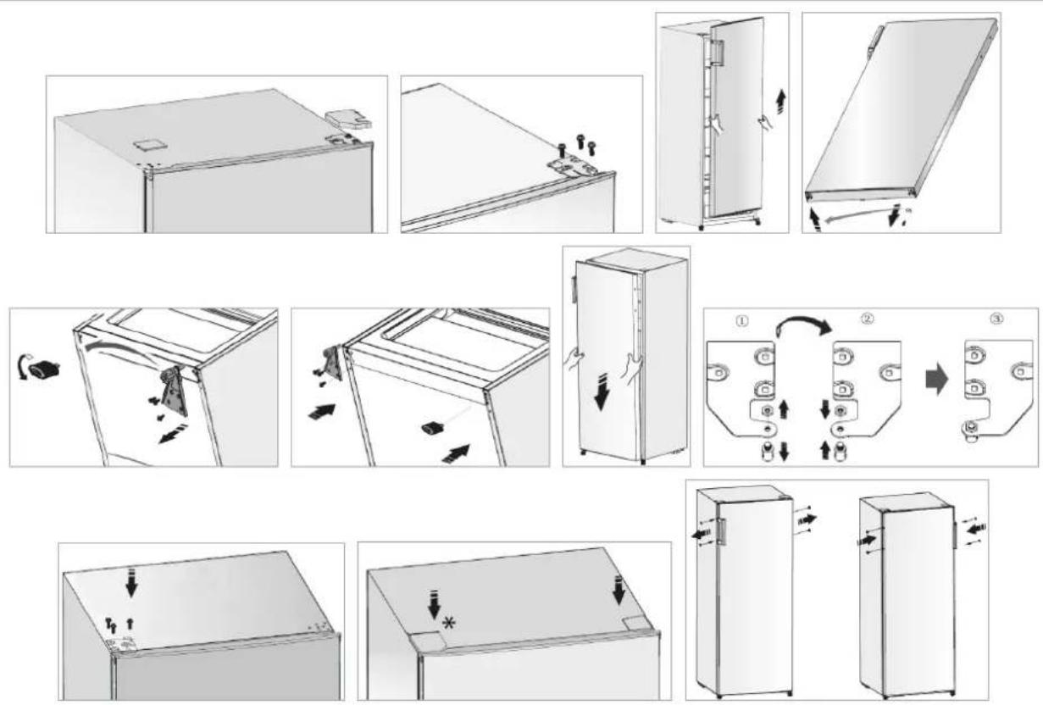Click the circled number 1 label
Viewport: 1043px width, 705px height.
[741, 321]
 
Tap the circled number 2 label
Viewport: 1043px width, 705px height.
[867, 319]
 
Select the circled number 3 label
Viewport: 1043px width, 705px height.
[996, 319]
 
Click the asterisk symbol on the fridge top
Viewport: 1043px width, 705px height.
[449, 623]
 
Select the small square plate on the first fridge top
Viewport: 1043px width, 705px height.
[150, 144]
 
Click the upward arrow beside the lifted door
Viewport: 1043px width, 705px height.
[782, 103]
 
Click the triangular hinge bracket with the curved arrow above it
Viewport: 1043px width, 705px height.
[174, 391]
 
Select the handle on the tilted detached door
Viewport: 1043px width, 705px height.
[874, 42]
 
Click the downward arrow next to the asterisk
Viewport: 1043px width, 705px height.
[435, 603]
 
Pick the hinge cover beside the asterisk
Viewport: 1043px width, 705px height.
[427, 641]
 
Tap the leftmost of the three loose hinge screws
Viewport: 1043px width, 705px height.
[563, 151]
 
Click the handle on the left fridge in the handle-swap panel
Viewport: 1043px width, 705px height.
[721, 531]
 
